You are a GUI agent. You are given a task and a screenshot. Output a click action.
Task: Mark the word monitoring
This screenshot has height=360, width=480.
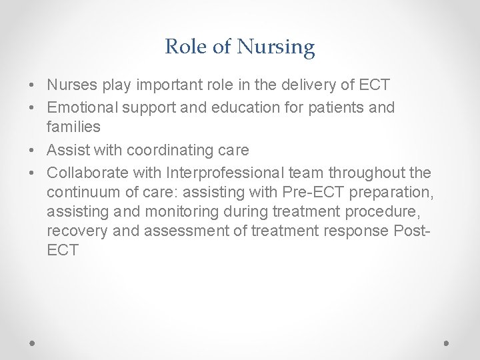175,212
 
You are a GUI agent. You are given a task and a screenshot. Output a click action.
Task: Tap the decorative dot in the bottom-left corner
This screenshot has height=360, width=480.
33,341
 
